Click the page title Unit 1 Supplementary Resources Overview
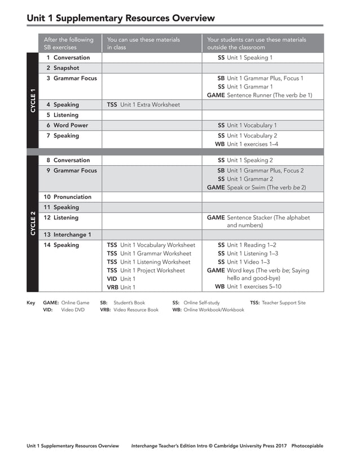[121, 18]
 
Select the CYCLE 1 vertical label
[33, 100]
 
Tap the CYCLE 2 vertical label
[33, 223]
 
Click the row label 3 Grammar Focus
[72, 78]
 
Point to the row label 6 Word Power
[67, 125]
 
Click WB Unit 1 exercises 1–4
[247, 144]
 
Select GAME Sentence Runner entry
[259, 95]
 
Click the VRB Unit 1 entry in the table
[121, 287]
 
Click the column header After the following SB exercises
[69, 43]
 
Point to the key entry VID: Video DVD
[64, 309]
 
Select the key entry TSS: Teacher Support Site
[278, 303]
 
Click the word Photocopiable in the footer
[307, 446]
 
